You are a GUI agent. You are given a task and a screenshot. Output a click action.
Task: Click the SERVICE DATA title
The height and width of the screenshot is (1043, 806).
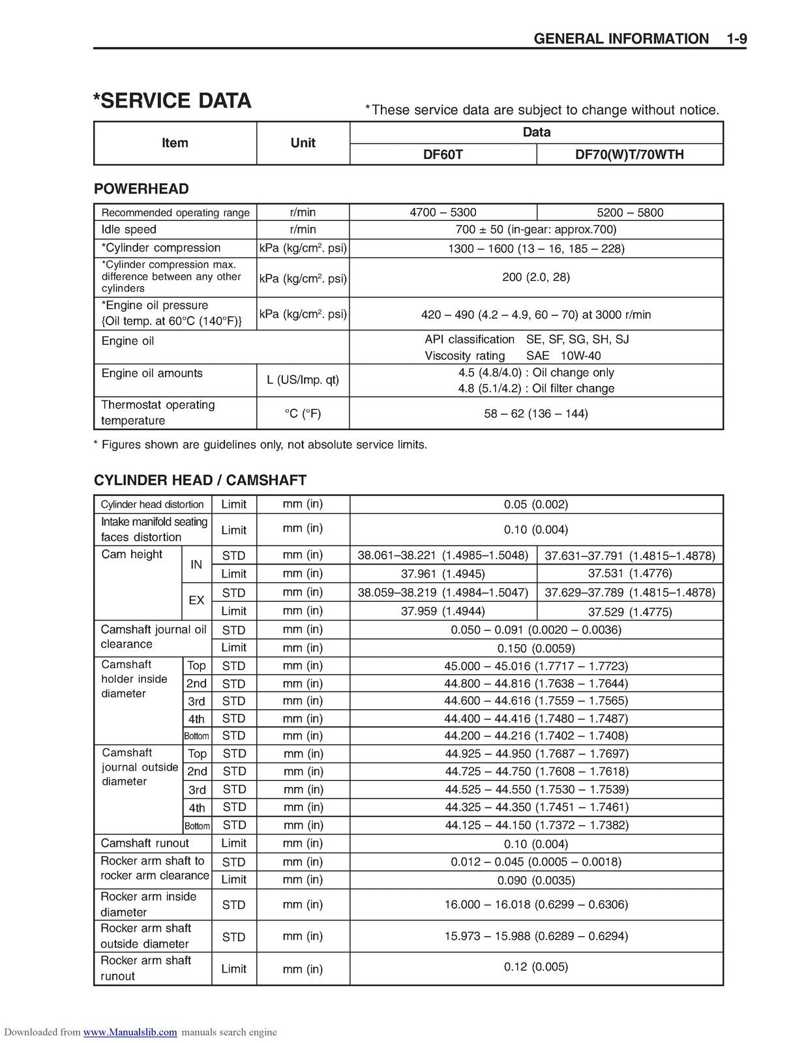coord(172,101)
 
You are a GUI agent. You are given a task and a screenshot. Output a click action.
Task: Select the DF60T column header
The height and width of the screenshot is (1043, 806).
coord(443,154)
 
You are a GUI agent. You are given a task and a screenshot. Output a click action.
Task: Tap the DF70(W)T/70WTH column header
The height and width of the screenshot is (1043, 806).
coord(629,154)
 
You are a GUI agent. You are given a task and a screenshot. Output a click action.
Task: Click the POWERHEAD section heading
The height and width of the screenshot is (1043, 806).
coord(142,189)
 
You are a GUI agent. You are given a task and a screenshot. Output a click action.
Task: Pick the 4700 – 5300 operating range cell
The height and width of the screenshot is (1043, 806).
coord(443,213)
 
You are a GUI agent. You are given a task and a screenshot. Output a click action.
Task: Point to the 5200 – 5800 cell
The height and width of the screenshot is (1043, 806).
coord(630,213)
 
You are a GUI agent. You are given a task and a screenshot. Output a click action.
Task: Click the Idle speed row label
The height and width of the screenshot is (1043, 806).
coord(129,229)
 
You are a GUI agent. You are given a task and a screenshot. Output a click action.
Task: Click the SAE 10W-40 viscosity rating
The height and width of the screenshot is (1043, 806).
coord(563,356)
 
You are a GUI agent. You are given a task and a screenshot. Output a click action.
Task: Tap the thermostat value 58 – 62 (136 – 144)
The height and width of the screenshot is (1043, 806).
coord(536,414)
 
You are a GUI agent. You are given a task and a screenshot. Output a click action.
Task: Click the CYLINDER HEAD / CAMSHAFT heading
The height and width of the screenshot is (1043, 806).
coord(200,480)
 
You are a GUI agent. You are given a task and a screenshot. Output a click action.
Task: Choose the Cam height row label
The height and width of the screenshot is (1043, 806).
coord(132,555)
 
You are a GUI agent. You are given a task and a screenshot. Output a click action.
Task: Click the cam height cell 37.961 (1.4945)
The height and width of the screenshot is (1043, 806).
coord(443,574)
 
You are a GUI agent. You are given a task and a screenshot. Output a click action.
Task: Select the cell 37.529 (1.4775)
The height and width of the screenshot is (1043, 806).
coord(630,611)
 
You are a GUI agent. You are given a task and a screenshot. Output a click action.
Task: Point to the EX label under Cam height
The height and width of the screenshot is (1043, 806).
coord(196,600)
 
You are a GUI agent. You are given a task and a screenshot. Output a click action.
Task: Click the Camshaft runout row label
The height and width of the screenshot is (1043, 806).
coord(145,843)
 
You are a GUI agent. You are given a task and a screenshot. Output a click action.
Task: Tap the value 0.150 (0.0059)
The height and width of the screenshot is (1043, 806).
coord(536,648)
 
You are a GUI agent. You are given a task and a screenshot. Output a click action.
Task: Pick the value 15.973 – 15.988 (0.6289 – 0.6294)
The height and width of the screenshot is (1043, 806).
coord(536,936)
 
